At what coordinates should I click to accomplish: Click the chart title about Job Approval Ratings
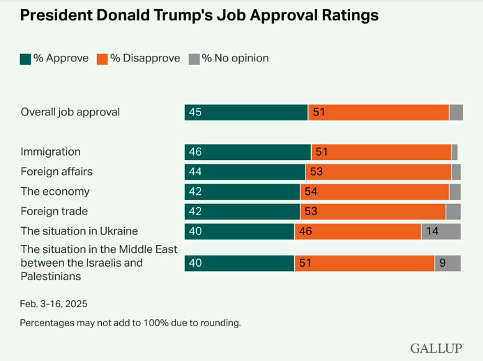pos(199,16)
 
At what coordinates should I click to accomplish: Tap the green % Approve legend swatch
pos(25,59)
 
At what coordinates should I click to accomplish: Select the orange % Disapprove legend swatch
pos(102,59)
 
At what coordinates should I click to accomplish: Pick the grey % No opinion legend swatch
pos(194,59)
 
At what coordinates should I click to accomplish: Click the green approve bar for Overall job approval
pos(246,112)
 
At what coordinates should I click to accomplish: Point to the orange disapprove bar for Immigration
pos(381,152)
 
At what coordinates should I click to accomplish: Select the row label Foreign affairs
pos(56,171)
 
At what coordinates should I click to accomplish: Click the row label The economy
pos(55,191)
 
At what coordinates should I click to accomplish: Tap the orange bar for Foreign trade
pos(372,211)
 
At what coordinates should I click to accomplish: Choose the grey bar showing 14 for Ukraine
pos(441,231)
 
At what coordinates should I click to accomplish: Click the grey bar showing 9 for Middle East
pos(448,263)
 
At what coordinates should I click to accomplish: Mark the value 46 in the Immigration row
pos(196,152)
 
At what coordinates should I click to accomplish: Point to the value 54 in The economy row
pos(311,192)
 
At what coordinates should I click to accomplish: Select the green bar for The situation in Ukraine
pos(239,231)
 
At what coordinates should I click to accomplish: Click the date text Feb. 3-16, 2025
pos(53,304)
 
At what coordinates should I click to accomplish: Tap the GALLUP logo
pos(436,348)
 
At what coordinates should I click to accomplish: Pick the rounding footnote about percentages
pos(130,323)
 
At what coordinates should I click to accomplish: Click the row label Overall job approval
pos(70,112)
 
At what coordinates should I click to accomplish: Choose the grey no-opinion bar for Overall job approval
pos(456,112)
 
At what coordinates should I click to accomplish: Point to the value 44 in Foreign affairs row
pos(196,172)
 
